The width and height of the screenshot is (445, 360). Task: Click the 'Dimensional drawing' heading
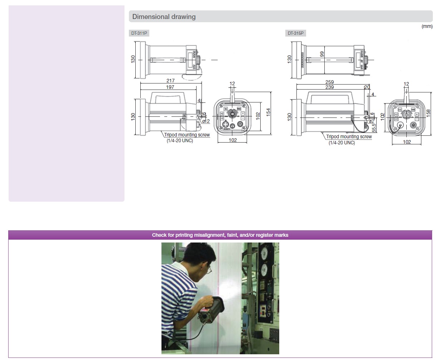[164, 16]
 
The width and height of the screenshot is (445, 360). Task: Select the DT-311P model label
[139, 33]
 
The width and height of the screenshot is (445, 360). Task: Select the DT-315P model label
[295, 33]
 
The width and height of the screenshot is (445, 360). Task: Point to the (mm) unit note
[427, 26]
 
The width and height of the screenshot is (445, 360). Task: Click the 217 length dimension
[170, 81]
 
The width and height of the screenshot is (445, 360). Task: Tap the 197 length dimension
[170, 87]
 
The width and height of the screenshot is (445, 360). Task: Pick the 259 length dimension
[329, 82]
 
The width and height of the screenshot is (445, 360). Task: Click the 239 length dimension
[329, 87]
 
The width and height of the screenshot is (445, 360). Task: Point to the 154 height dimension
[268, 112]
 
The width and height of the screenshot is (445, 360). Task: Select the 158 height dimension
[428, 112]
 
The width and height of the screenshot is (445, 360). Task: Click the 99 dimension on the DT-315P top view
[322, 54]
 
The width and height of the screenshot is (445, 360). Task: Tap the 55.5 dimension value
[374, 128]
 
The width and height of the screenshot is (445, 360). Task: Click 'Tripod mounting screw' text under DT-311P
[187, 135]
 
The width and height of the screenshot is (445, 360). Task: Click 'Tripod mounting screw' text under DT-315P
[349, 136]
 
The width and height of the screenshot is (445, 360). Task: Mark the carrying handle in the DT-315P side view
[329, 95]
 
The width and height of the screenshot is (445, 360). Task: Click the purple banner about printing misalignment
[220, 235]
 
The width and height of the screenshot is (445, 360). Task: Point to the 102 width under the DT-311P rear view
[233, 140]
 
